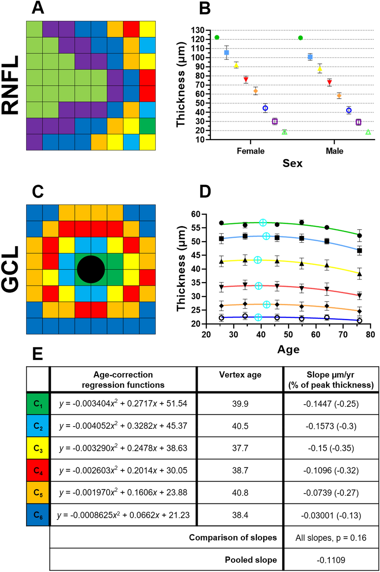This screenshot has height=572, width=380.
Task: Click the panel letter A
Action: pyautogui.click(x=38, y=8)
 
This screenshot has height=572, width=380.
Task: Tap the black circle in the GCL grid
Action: pyautogui.click(x=91, y=269)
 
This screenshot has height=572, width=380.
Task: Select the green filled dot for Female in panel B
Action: pyautogui.click(x=217, y=37)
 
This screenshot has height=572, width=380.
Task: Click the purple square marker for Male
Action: pyautogui.click(x=358, y=122)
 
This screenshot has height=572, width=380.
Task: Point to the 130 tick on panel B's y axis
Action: pyautogui.click(x=198, y=30)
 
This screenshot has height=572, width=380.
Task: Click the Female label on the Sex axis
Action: pyautogui.click(x=250, y=151)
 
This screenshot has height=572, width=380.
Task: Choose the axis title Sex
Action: pyautogui.click(x=292, y=163)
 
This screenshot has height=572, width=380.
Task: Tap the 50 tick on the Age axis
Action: pyautogui.click(x=288, y=334)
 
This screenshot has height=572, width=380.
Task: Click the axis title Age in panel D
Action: pyautogui.click(x=288, y=350)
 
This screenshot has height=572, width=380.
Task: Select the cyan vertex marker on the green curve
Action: pyautogui.click(x=263, y=223)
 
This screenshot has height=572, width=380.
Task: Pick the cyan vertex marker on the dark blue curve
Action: pyautogui.click(x=258, y=317)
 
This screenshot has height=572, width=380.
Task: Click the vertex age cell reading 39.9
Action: pyautogui.click(x=240, y=404)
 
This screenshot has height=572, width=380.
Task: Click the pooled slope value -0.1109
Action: pyautogui.click(x=331, y=560)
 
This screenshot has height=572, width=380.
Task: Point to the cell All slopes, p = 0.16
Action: pyautogui.click(x=331, y=538)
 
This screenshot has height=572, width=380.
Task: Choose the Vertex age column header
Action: pyautogui.click(x=240, y=375)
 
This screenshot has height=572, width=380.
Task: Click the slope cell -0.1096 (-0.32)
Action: pyautogui.click(x=331, y=470)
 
